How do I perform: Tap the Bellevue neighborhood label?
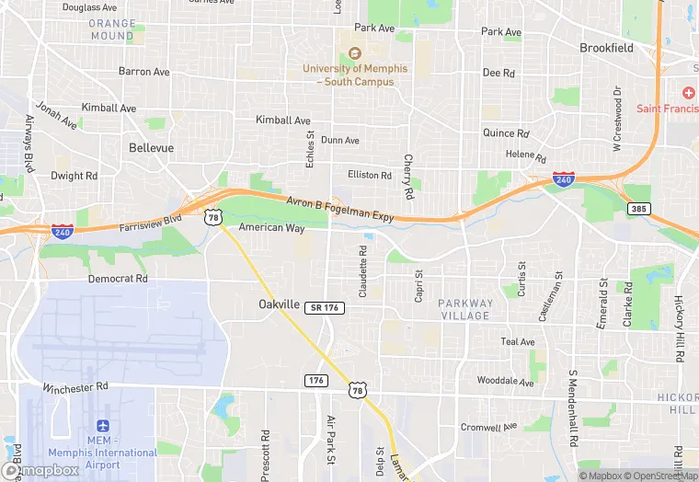click(x=152, y=147)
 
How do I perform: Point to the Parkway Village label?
click(x=464, y=309)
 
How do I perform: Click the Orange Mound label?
click(x=112, y=29)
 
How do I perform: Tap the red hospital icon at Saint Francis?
click(x=687, y=93)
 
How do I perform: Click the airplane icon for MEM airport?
click(x=103, y=428)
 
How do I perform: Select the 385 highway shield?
click(x=639, y=210)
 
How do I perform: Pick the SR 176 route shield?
click(x=327, y=307)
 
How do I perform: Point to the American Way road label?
click(x=271, y=227)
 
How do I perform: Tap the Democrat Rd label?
click(x=118, y=278)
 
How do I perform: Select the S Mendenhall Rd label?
click(x=572, y=408)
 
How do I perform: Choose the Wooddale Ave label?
click(x=505, y=381)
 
